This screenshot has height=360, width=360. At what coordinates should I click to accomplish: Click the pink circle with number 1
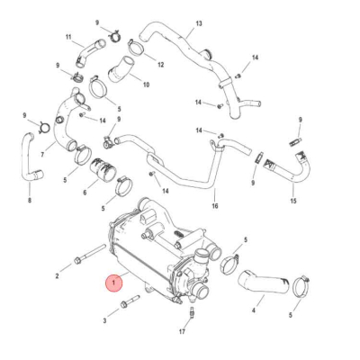point(112,283)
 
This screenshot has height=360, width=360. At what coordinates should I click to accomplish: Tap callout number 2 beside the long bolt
point(57,270)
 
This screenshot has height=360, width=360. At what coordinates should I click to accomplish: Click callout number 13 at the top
point(199,22)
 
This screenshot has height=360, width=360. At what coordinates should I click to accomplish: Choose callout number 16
point(214,205)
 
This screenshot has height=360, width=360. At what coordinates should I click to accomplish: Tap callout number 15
point(292,200)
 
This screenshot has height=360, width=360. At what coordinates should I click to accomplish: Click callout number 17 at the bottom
point(181,332)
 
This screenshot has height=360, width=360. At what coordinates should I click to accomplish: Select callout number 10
point(145,85)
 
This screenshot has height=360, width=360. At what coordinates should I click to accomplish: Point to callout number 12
point(160,65)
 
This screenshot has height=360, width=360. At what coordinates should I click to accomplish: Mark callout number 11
point(67,37)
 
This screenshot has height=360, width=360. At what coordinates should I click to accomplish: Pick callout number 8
point(29,200)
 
